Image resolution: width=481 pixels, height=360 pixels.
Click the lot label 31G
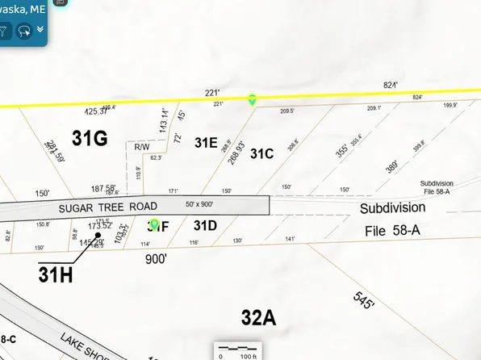89,139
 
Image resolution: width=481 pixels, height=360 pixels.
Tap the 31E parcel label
206,143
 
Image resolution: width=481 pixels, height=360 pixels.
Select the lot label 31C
262,153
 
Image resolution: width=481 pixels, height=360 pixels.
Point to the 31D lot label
205,225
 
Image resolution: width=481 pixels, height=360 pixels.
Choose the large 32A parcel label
258,317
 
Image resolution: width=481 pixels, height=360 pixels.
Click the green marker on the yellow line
253,99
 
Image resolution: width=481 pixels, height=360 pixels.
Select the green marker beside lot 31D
154,223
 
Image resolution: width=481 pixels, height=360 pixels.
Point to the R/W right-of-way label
142,147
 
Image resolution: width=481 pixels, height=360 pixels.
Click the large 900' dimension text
156,259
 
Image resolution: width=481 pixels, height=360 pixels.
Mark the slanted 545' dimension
366,300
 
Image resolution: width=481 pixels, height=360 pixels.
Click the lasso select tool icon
24,31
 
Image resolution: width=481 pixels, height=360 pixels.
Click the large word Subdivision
392,207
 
